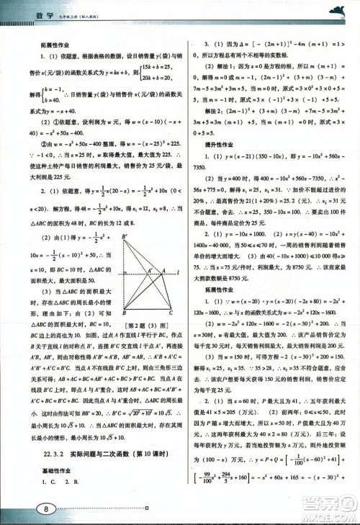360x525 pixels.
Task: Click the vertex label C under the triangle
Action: tap(169, 312)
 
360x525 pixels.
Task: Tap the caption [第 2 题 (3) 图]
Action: tap(148, 322)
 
